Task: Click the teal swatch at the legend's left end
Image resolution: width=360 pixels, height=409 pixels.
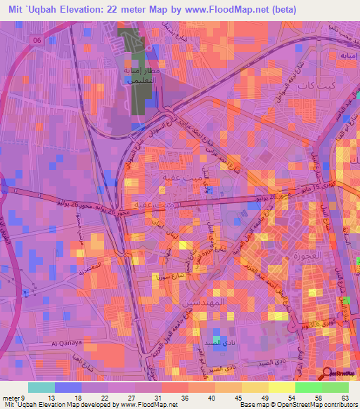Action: tap(41, 387)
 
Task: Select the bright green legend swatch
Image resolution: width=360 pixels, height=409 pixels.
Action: tap(309, 387)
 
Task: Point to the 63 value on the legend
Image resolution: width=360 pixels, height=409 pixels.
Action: tap(344, 398)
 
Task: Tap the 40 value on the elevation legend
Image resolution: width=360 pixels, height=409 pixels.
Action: tap(210, 398)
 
